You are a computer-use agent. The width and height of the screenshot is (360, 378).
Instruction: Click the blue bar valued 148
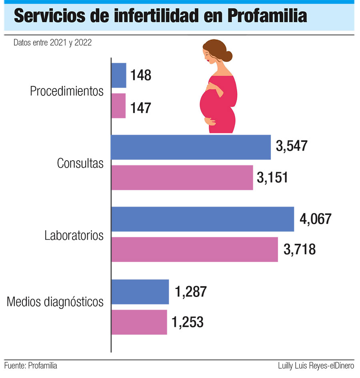119,76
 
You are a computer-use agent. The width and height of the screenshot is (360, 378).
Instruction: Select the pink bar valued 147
118,106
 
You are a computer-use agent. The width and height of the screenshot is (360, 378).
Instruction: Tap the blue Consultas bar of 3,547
191,147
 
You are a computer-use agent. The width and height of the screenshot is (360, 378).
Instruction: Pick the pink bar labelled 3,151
182,178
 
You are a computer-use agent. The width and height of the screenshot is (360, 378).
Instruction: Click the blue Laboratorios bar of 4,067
202,219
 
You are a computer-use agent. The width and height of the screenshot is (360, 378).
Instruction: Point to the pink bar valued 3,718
194,250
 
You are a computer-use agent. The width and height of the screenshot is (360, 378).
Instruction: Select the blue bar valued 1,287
140,292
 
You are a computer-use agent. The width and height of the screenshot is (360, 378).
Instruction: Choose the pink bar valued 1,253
139,322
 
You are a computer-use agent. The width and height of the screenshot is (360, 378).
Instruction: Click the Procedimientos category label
67,91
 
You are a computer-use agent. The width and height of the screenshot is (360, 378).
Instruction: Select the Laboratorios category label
74,235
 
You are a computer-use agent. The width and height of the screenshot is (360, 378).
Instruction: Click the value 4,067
315,219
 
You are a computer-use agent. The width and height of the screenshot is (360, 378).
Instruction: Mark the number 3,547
292,146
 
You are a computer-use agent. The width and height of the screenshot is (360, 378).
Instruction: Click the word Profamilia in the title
268,16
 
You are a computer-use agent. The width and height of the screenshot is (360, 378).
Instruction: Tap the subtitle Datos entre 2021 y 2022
52,43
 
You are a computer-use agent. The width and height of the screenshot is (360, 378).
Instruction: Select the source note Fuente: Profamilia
31,365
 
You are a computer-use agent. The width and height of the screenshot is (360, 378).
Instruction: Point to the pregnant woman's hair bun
227,56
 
